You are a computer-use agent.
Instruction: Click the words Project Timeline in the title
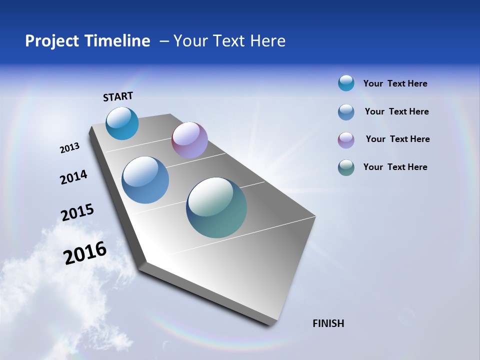click(87, 41)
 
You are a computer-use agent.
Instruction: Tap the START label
click(118, 96)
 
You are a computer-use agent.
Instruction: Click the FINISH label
click(328, 323)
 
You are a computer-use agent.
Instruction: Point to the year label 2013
click(69, 148)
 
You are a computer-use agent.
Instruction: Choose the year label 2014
click(73, 177)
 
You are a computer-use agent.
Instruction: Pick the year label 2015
click(77, 212)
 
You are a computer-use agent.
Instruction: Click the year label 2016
click(85, 253)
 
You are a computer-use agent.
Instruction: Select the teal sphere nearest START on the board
click(122, 123)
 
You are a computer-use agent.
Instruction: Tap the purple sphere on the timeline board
click(189, 140)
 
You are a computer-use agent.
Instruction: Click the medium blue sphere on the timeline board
click(145, 180)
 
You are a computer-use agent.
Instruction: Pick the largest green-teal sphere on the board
click(216, 207)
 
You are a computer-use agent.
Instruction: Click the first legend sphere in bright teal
click(346, 83)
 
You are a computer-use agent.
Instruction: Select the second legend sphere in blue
click(346, 112)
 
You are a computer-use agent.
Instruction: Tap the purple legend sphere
click(346, 139)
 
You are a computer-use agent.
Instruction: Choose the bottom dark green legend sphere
click(346, 167)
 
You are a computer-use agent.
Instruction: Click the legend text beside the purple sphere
click(397, 139)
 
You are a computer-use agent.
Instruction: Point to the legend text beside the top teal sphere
click(395, 83)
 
